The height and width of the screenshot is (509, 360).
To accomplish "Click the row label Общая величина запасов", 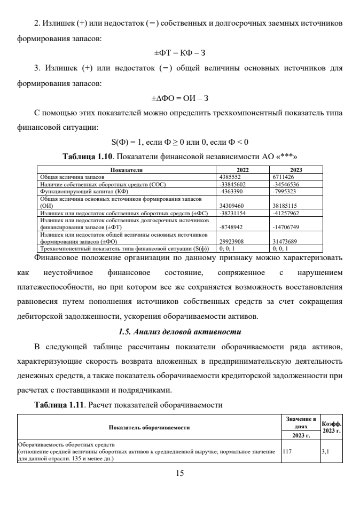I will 65,175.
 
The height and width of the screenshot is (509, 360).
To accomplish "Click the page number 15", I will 180,472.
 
